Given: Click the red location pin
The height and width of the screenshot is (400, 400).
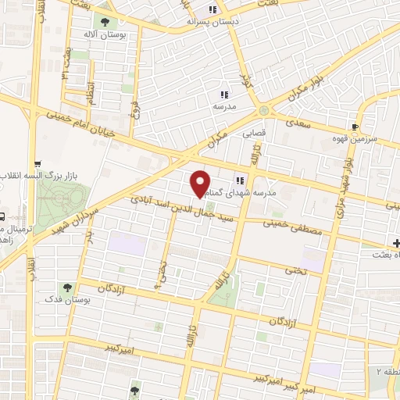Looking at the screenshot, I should pyautogui.click(x=201, y=182).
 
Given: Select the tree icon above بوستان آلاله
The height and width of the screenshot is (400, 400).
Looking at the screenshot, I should pyautogui.click(x=101, y=20).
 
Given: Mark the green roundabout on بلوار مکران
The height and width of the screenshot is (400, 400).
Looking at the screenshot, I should pyautogui.click(x=264, y=111).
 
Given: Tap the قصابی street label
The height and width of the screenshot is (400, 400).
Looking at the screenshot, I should pyautogui.click(x=255, y=133).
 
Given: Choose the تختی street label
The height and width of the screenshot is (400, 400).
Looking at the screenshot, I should pyautogui.click(x=295, y=270).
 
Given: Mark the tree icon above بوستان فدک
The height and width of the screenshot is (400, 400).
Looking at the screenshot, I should pyautogui.click(x=68, y=287).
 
